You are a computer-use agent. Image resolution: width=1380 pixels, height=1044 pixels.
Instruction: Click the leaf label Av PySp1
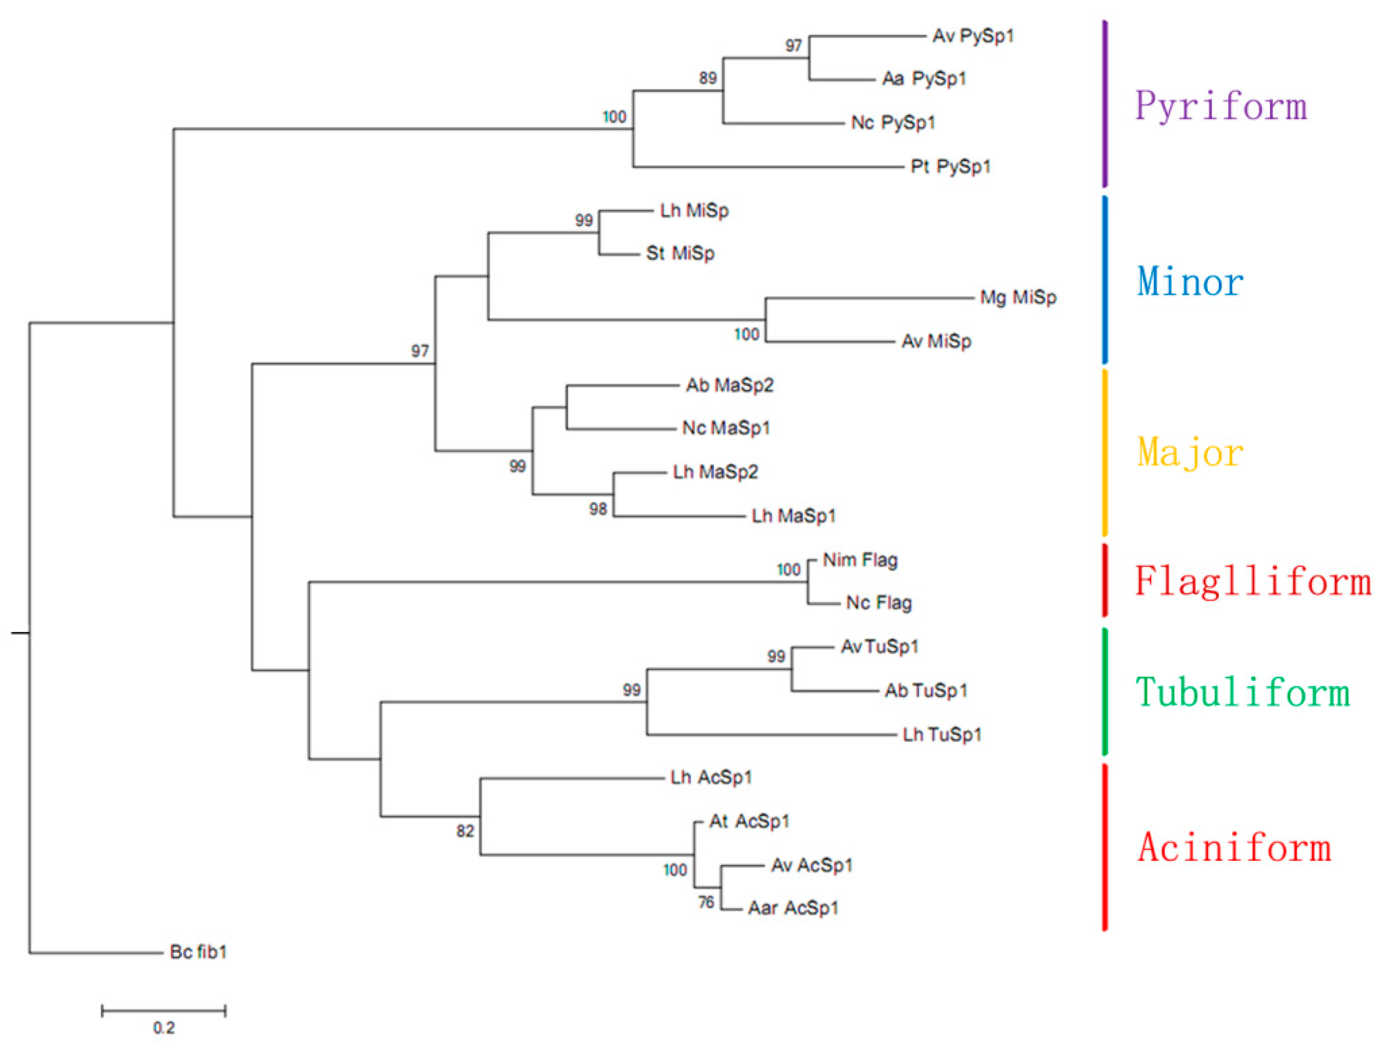973,36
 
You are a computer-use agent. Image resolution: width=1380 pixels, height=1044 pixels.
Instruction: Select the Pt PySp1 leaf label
950,166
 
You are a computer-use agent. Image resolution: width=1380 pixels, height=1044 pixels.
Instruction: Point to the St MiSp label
680,253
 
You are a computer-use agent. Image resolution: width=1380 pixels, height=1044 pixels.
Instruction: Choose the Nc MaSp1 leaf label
726,429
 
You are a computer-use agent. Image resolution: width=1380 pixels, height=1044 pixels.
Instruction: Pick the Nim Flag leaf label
860,560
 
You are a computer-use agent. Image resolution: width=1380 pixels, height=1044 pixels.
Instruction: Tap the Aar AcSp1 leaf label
792,908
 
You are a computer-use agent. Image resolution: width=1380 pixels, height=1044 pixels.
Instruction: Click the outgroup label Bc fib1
198,952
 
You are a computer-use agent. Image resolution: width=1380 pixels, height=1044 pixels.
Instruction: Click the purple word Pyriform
1220,106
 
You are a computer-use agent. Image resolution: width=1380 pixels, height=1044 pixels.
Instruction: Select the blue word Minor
1190,282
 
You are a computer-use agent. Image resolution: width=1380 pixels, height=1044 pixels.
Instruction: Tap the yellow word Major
1190,453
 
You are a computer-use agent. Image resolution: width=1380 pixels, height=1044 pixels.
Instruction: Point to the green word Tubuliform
1243,693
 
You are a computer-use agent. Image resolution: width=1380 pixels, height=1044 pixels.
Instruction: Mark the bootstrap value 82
465,831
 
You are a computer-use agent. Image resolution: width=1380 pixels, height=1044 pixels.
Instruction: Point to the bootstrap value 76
706,902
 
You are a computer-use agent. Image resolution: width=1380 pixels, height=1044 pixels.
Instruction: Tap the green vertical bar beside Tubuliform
1105,692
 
